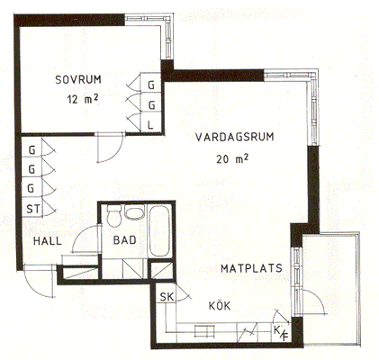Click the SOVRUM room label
(78, 80)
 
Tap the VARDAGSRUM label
(235, 137)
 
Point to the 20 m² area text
(232, 158)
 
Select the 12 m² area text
(83, 99)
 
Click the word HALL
(48, 241)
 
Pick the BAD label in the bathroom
(124, 240)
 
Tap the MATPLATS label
(251, 268)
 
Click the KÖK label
(220, 306)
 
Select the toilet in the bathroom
(114, 216)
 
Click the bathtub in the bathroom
(159, 231)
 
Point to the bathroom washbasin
(134, 212)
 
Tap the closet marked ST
(32, 208)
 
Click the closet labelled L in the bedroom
(151, 125)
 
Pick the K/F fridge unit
(281, 332)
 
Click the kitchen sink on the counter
(204, 331)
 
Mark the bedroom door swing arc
(116, 152)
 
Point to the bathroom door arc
(82, 233)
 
